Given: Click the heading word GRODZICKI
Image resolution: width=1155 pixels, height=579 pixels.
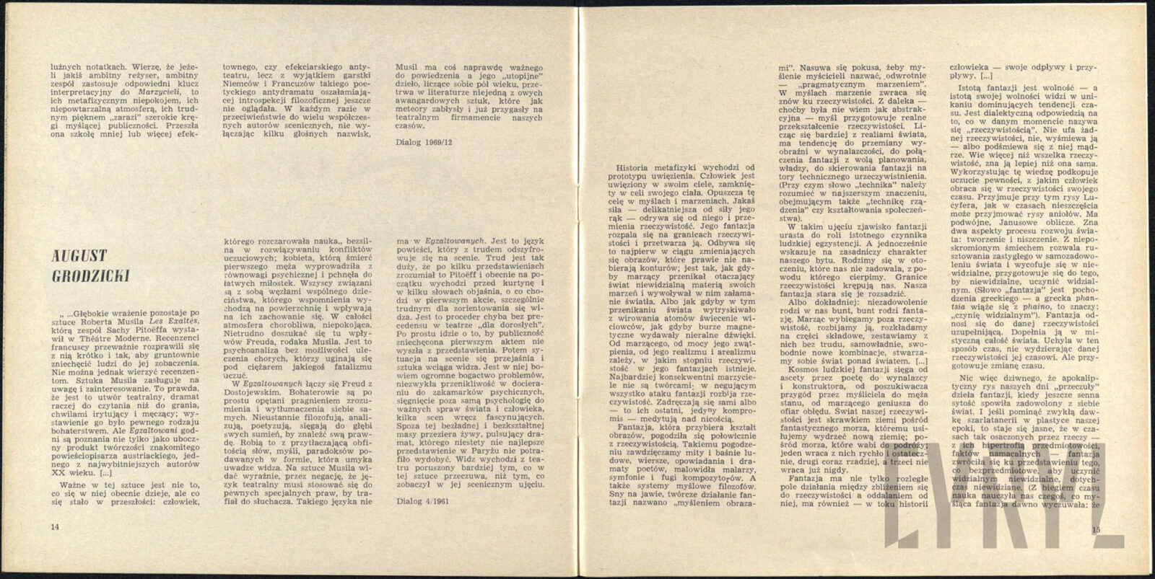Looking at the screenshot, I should coord(85,277).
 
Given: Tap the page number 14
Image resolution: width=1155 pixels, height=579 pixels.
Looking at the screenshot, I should coord(55,527).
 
